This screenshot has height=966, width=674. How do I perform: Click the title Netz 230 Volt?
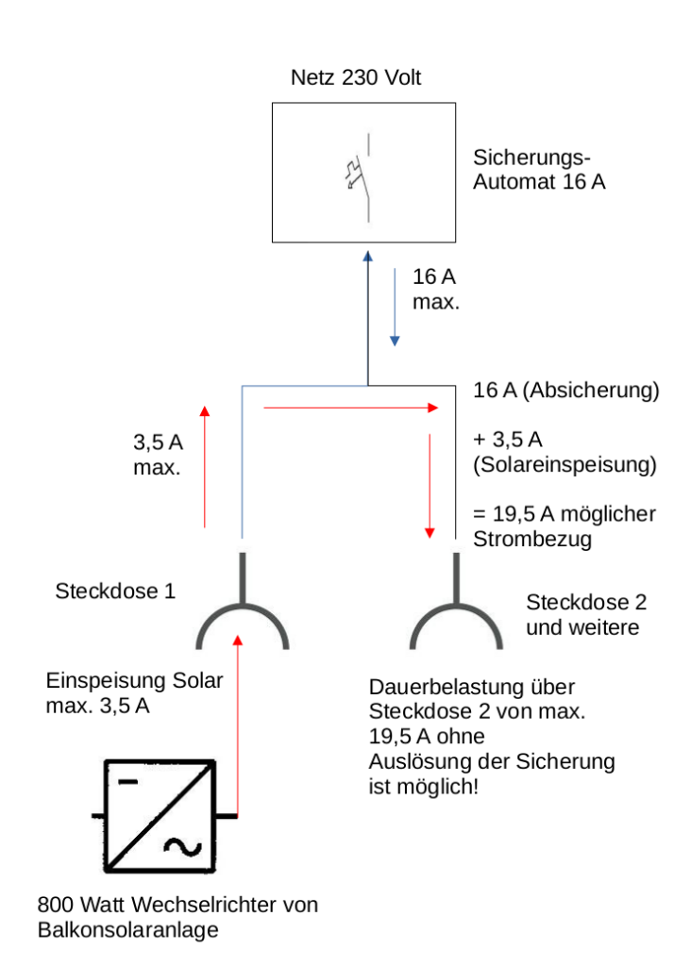356,78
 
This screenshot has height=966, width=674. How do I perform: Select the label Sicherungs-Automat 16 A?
539,170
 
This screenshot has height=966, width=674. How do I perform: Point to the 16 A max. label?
435,290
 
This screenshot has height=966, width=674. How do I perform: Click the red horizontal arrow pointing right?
351,408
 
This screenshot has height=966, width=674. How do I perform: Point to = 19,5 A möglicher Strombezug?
564,527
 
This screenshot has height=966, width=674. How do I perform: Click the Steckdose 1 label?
115,591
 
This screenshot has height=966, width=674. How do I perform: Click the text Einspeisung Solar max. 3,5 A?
135,692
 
